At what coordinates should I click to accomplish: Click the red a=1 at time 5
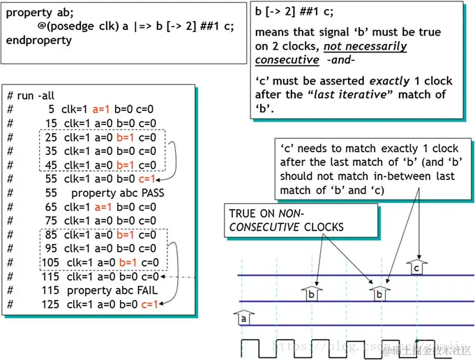[102, 109]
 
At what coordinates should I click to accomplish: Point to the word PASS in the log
[150, 193]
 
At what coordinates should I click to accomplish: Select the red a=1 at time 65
[102, 207]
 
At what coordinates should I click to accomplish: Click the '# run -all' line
[32, 95]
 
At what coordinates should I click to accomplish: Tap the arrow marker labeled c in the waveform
[416, 267]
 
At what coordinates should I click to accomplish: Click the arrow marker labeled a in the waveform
[243, 317]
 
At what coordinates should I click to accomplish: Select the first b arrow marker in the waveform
[312, 293]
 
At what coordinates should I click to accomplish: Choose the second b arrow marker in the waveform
[379, 293]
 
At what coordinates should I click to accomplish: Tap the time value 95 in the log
[51, 248]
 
